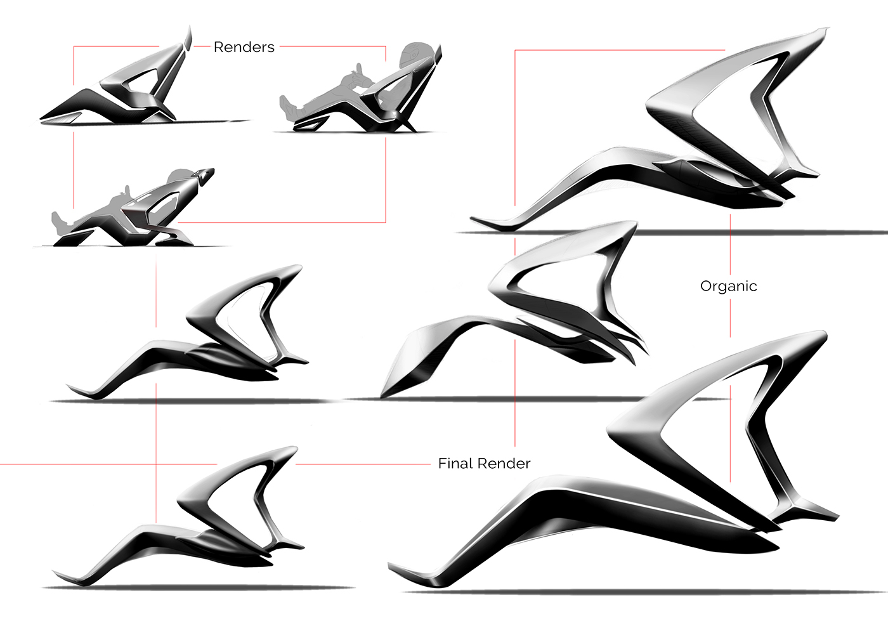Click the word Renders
tap(244, 47)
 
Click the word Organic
tap(728, 286)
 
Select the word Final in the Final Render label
tap(455, 464)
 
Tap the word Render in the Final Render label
tap(505, 464)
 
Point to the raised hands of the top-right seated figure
tap(359, 69)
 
